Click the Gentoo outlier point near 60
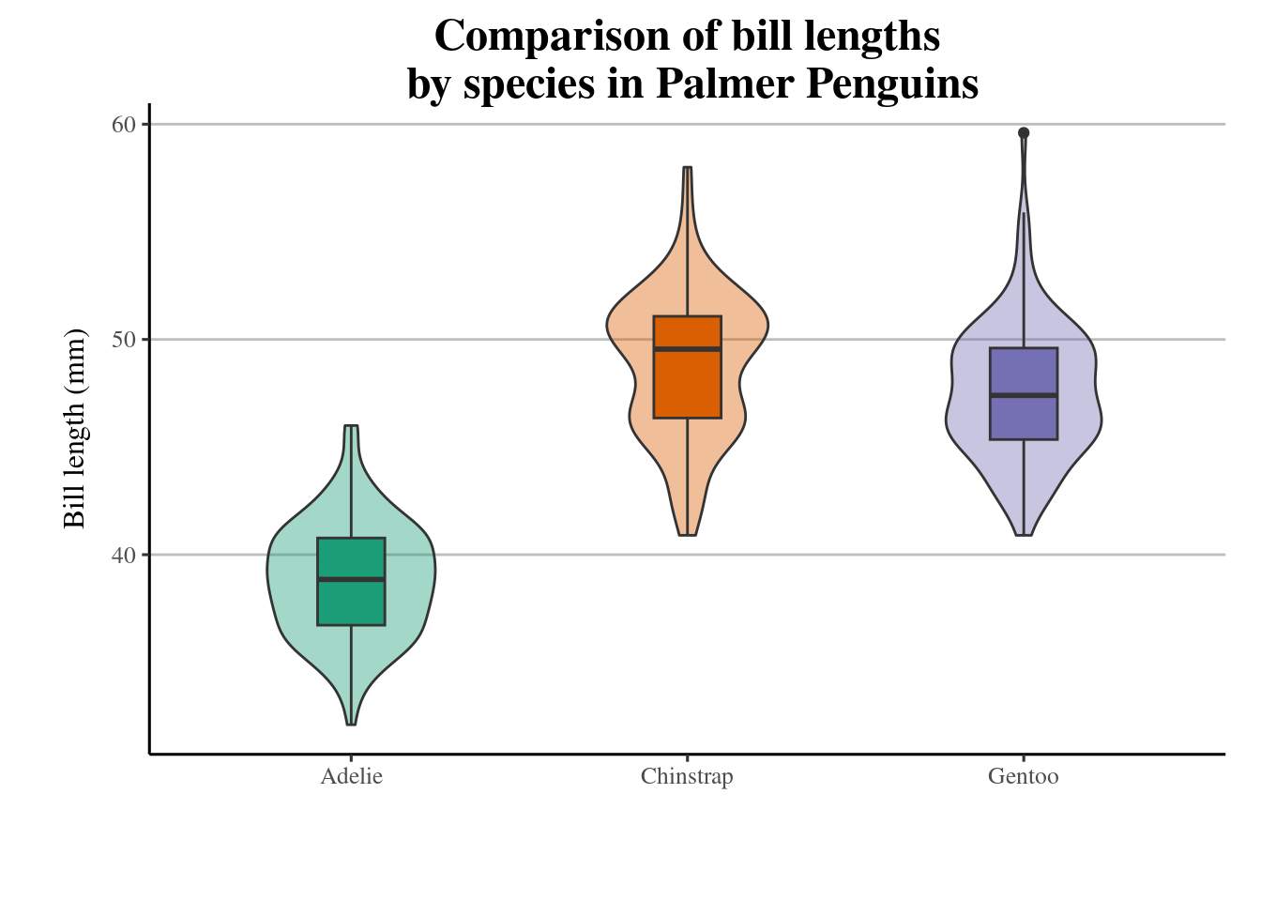point(1024,133)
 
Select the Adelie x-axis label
point(351,777)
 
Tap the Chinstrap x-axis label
point(687,777)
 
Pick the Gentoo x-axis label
point(1023,777)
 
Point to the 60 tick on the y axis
point(125,125)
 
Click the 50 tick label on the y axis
point(125,340)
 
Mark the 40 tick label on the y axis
point(125,555)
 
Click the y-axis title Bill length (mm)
point(74,428)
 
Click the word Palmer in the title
point(725,84)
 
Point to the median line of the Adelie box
point(351,579)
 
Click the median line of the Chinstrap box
point(687,348)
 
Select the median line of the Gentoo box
point(1023,395)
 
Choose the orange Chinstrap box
point(687,385)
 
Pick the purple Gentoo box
point(1023,419)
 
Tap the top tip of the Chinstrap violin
point(688,168)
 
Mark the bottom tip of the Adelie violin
point(351,724)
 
